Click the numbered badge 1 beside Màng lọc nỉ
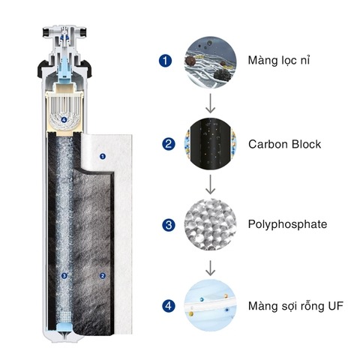click(166, 61)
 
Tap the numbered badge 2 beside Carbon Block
click(169, 144)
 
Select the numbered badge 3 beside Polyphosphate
click(169, 225)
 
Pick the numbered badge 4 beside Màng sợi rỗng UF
click(169, 306)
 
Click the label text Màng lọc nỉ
click(279, 61)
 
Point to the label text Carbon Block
click(285, 144)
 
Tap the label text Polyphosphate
click(287, 225)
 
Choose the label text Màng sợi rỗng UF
click(295, 306)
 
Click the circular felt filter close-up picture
click(211, 62)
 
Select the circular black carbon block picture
click(211, 144)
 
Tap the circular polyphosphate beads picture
click(211, 225)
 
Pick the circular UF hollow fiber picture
click(211, 306)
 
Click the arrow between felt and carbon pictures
click(211, 103)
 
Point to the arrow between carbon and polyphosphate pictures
click(211, 184)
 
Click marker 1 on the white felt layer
click(103, 157)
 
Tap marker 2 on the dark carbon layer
click(103, 276)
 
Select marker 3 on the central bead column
click(64, 276)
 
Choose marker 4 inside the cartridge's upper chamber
click(64, 120)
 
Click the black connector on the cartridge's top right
click(84, 32)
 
